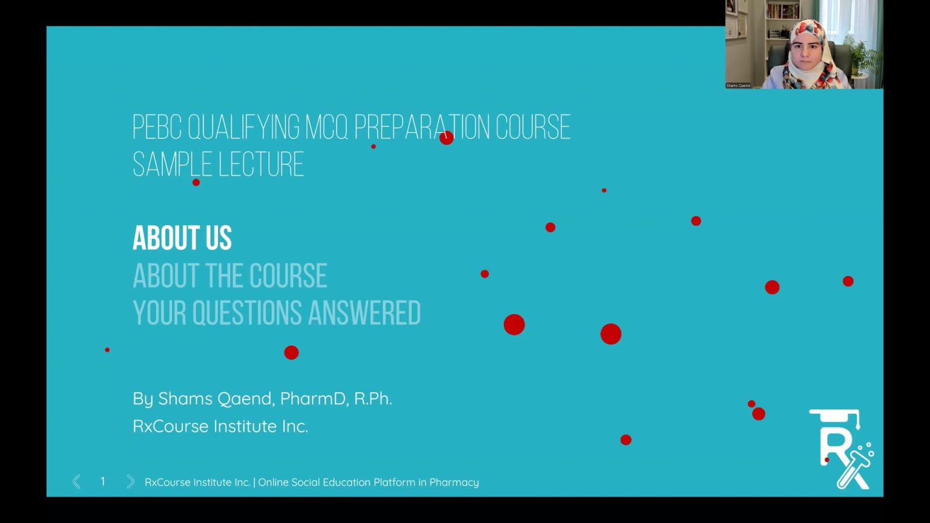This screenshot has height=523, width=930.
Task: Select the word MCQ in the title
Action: (327, 127)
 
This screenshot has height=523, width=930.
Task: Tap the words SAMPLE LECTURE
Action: (219, 165)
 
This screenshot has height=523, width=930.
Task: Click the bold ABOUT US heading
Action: (182, 238)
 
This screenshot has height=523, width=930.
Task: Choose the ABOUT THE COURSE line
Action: (230, 275)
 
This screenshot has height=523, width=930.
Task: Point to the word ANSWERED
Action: (364, 312)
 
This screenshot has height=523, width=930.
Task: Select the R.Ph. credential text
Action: (373, 398)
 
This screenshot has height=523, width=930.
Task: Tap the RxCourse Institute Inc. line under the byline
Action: (220, 426)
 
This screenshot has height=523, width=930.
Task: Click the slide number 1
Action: (102, 481)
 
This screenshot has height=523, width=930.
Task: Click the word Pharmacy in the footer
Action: (453, 482)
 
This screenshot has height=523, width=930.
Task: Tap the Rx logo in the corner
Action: (842, 449)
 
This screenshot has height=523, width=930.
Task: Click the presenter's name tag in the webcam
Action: (738, 85)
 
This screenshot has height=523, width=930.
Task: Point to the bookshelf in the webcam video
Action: (782, 20)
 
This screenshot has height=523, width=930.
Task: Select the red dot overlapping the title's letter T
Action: (446, 138)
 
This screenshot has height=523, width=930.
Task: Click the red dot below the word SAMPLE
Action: (196, 182)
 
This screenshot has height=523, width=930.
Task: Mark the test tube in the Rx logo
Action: (853, 469)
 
